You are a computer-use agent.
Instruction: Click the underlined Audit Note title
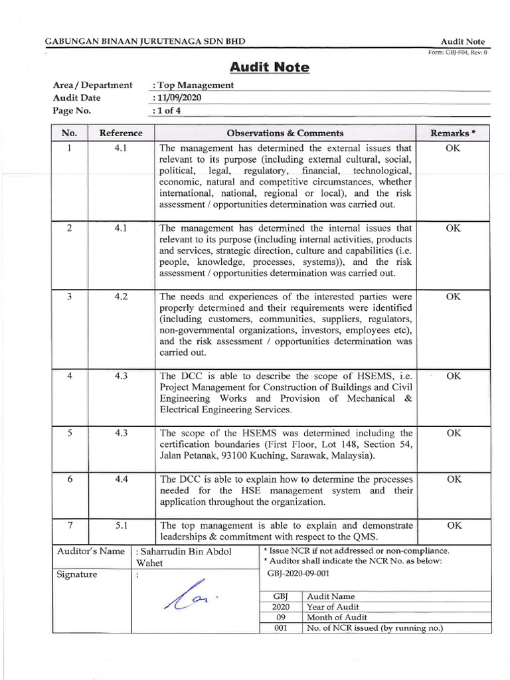point(269,67)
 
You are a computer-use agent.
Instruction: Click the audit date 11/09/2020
point(177,98)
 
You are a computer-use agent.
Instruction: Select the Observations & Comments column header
point(285,133)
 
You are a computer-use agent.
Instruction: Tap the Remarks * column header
point(453,133)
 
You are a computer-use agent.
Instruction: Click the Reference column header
point(121,133)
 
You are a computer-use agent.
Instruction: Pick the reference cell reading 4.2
point(121,297)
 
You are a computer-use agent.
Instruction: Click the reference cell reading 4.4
point(121,478)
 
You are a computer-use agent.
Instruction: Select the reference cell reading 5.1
point(121,525)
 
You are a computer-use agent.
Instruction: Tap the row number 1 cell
point(69,148)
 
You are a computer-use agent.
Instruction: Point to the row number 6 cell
point(69,478)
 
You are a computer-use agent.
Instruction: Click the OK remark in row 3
point(453,297)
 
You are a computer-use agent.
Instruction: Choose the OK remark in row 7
point(453,525)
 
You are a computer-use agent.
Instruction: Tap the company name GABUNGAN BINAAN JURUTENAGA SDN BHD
point(145,41)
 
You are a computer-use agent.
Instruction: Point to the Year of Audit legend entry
point(332,606)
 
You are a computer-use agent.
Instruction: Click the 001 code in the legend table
point(280,628)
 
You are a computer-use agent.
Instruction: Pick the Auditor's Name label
point(91,551)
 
